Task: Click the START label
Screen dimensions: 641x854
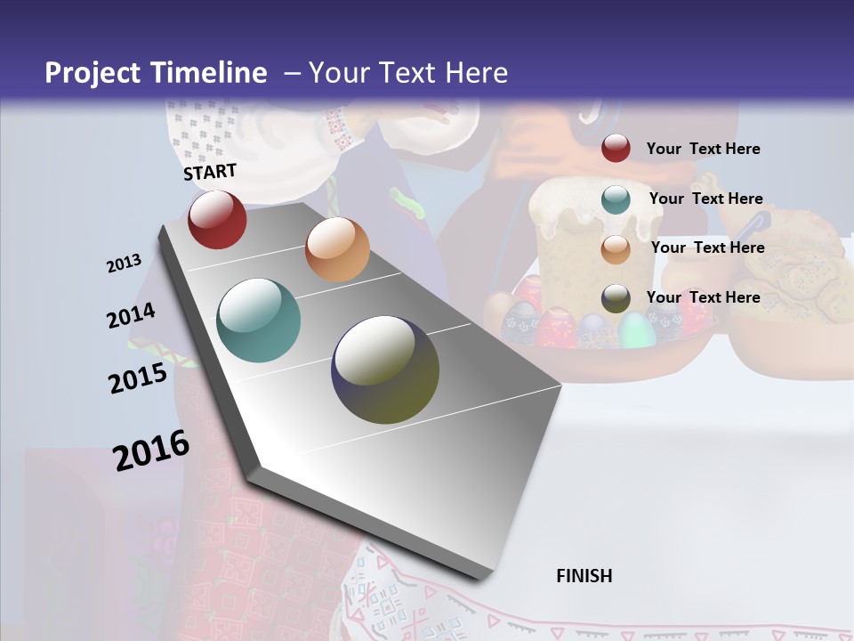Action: click(210, 172)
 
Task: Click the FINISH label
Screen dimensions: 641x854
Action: click(584, 576)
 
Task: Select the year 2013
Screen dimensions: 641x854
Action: click(125, 264)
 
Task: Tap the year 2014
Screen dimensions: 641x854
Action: click(131, 316)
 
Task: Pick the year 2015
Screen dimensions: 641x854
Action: click(138, 378)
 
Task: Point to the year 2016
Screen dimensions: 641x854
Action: click(151, 450)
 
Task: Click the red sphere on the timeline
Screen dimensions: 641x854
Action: click(217, 219)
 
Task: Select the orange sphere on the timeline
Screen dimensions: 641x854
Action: click(337, 249)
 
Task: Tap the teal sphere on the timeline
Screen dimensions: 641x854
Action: click(259, 320)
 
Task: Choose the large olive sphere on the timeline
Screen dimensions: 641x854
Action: click(385, 369)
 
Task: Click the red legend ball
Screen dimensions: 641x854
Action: click(616, 149)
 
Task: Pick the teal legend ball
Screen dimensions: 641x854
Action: click(616, 199)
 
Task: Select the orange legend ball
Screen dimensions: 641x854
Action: click(616, 248)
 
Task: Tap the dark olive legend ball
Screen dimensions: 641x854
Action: click(616, 298)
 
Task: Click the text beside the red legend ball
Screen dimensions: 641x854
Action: click(703, 149)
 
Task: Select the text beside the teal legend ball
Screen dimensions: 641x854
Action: click(705, 199)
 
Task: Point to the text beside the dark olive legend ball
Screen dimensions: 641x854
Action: click(703, 297)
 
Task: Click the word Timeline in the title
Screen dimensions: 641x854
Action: click(211, 73)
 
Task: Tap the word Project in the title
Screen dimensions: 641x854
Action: click(93, 73)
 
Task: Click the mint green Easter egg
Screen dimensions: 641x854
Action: click(636, 329)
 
